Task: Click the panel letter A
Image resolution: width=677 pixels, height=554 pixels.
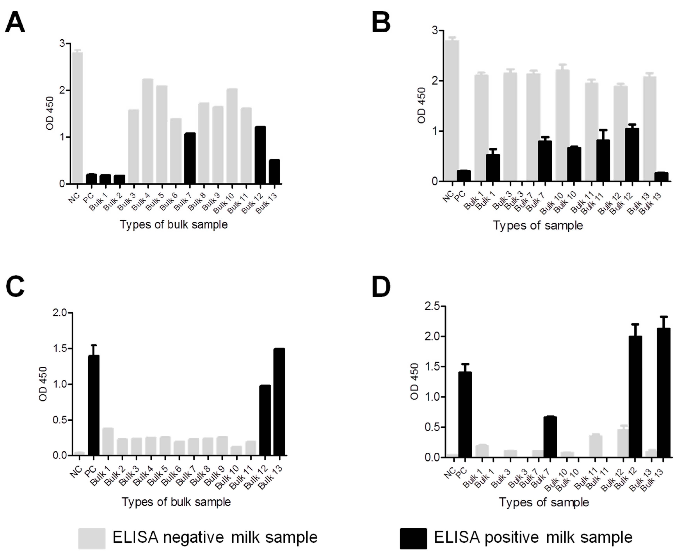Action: (15, 23)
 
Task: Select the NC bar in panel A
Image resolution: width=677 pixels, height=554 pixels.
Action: (77, 118)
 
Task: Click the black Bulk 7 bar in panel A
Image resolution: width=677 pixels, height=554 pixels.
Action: (190, 158)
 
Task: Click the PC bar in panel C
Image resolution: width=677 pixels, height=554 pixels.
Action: (94, 405)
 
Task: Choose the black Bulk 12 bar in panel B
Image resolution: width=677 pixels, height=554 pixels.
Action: (632, 155)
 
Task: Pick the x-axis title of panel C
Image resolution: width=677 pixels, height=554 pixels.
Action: (176, 502)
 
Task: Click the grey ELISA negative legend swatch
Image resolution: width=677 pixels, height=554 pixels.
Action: (92, 538)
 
